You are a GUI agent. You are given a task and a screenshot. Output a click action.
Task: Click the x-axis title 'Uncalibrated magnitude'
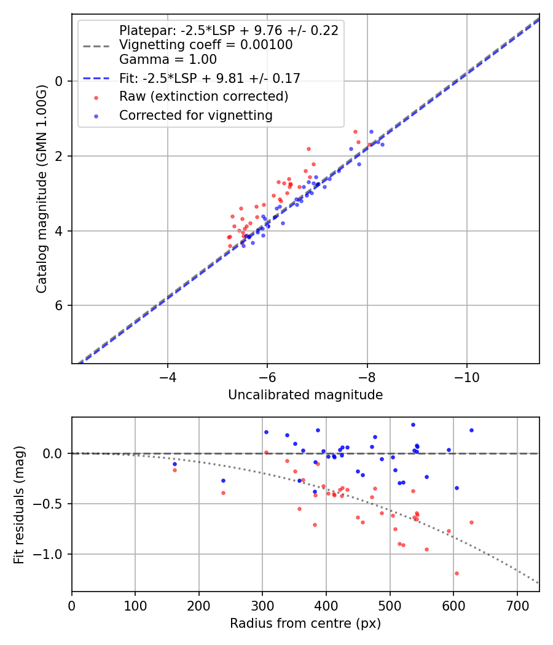click(305, 395)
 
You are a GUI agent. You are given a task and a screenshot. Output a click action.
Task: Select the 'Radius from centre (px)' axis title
click(305, 623)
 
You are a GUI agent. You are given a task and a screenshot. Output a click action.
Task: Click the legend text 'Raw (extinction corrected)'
click(203, 96)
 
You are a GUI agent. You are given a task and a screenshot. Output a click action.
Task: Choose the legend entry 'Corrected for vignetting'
click(195, 115)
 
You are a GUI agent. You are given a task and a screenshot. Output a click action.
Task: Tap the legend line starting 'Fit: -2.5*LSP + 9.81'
click(210, 78)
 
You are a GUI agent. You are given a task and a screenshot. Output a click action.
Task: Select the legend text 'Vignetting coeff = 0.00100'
click(206, 45)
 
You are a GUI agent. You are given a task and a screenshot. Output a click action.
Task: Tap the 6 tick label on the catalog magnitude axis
click(59, 306)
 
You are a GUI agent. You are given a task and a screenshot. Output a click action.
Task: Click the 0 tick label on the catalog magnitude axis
click(59, 81)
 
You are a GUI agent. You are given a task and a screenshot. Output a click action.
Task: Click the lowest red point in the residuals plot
click(457, 573)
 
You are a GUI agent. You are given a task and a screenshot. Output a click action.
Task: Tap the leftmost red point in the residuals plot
click(175, 470)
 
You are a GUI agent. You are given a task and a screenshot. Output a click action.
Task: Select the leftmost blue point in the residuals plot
click(175, 464)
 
